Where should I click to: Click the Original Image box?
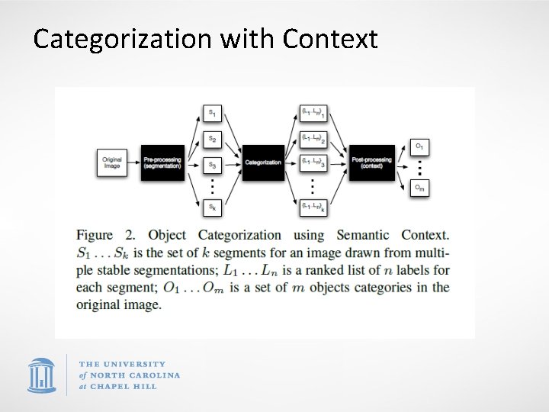111,163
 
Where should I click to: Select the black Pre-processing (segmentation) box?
162,162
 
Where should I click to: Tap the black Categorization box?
263,162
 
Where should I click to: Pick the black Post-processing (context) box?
372,162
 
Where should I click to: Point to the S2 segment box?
212,139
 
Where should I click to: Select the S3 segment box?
212,164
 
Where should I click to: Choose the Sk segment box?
212,206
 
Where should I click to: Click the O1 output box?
419,146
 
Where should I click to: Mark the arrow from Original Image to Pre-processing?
133,163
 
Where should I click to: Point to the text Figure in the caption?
95,235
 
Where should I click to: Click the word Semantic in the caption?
362,235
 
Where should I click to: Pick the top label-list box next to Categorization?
313,114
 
